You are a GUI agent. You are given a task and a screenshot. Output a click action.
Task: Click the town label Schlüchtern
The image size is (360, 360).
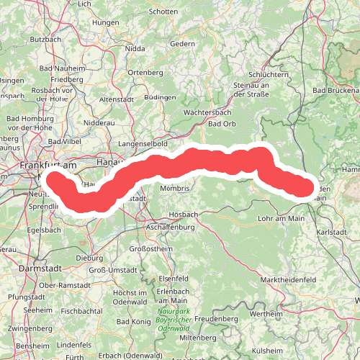point(268,74)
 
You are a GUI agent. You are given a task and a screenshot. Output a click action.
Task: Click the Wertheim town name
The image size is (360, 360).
point(266,314)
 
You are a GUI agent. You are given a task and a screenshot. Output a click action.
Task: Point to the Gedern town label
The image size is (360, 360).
point(182,43)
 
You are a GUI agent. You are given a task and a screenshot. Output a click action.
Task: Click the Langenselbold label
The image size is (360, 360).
point(143,144)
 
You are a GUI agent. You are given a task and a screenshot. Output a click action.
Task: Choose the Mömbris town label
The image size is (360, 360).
point(175,188)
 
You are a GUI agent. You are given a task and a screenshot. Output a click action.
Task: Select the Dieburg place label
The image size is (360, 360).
point(89,256)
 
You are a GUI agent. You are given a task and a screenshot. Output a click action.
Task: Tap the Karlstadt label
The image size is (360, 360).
point(331,233)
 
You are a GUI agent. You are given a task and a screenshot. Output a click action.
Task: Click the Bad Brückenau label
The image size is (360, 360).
point(336,91)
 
